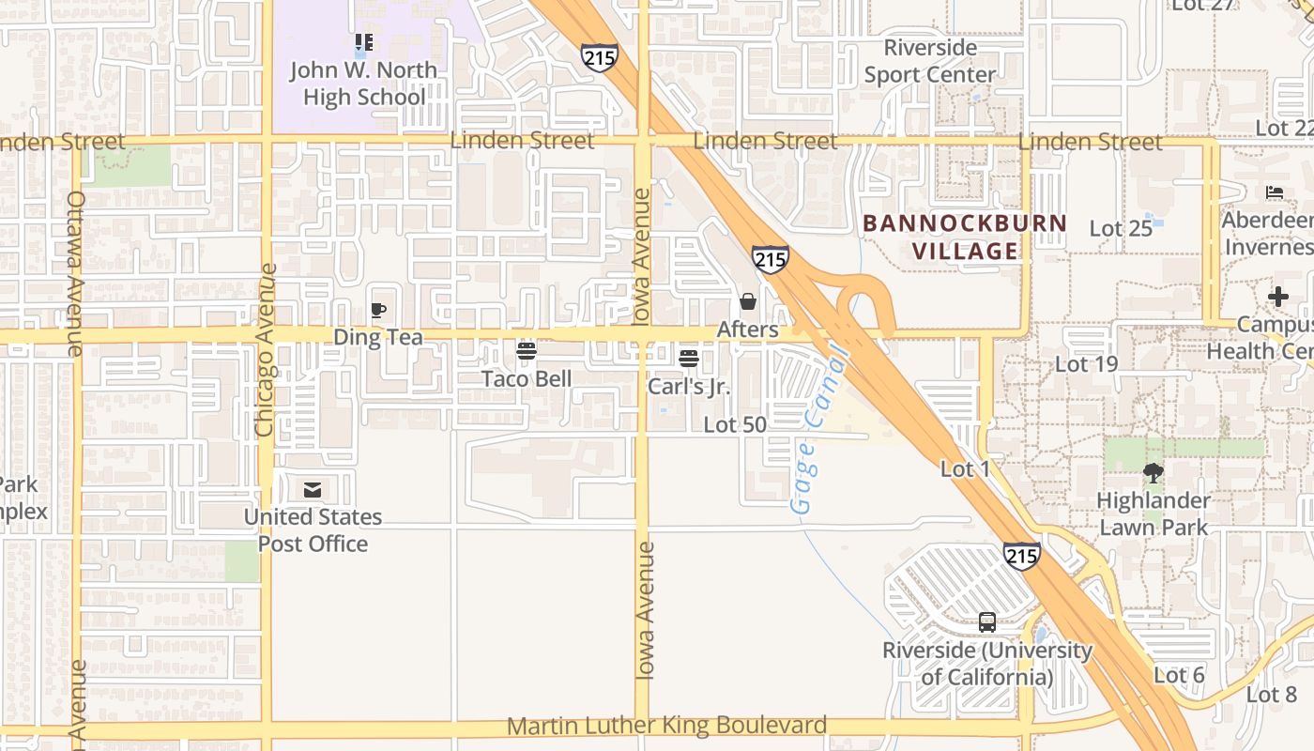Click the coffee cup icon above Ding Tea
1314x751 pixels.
point(378,310)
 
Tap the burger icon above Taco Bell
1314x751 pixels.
point(527,351)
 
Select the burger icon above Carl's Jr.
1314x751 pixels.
point(689,358)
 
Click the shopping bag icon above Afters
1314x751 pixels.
point(748,301)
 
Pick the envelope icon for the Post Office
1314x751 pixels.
point(313,489)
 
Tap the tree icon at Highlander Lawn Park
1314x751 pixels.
point(1154,472)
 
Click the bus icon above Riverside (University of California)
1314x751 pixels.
point(987,621)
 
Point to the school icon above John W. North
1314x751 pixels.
point(364,42)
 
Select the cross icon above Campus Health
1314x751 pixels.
point(1277,297)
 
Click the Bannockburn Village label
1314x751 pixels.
point(965,237)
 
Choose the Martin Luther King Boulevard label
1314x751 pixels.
point(667,726)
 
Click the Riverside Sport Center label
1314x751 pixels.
point(929,61)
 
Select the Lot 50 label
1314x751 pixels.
point(735,424)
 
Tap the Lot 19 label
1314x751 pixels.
point(1087,363)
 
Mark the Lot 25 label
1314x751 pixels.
point(1121,228)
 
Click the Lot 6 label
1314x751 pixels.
point(1179,675)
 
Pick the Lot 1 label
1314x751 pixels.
point(966,468)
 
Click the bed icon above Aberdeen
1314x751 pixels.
point(1274,192)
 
